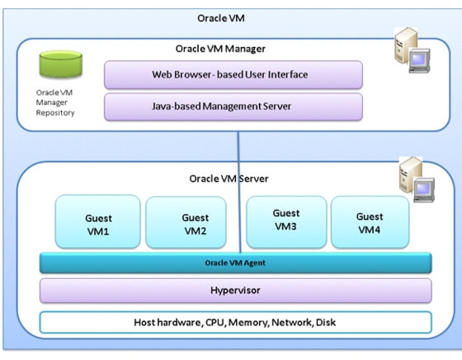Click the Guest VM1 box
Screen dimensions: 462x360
coord(98,221)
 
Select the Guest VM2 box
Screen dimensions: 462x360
coord(186,222)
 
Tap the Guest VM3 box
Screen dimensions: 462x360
coord(286,222)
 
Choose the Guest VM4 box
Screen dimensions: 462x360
coord(370,222)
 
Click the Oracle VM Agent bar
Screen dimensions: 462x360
coord(236,263)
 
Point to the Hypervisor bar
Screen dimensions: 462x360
coord(236,291)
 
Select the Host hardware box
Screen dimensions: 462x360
coord(236,322)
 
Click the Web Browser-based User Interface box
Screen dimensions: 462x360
coord(233,74)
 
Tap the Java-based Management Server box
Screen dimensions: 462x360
coord(233,107)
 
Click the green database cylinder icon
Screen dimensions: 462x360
coord(61,64)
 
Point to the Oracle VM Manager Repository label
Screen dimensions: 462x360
coord(55,102)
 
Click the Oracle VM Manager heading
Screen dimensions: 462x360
coord(220,49)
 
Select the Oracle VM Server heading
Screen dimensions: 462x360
coord(229,178)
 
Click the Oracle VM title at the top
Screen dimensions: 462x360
coord(221,18)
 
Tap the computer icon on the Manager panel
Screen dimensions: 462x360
coord(412,50)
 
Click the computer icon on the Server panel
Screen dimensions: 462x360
coord(417,179)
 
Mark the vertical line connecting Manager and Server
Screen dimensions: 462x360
coord(239,192)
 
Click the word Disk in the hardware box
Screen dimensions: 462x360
coord(326,322)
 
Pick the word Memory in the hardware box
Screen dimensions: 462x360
coord(248,323)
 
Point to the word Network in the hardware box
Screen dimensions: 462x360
coord(292,323)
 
